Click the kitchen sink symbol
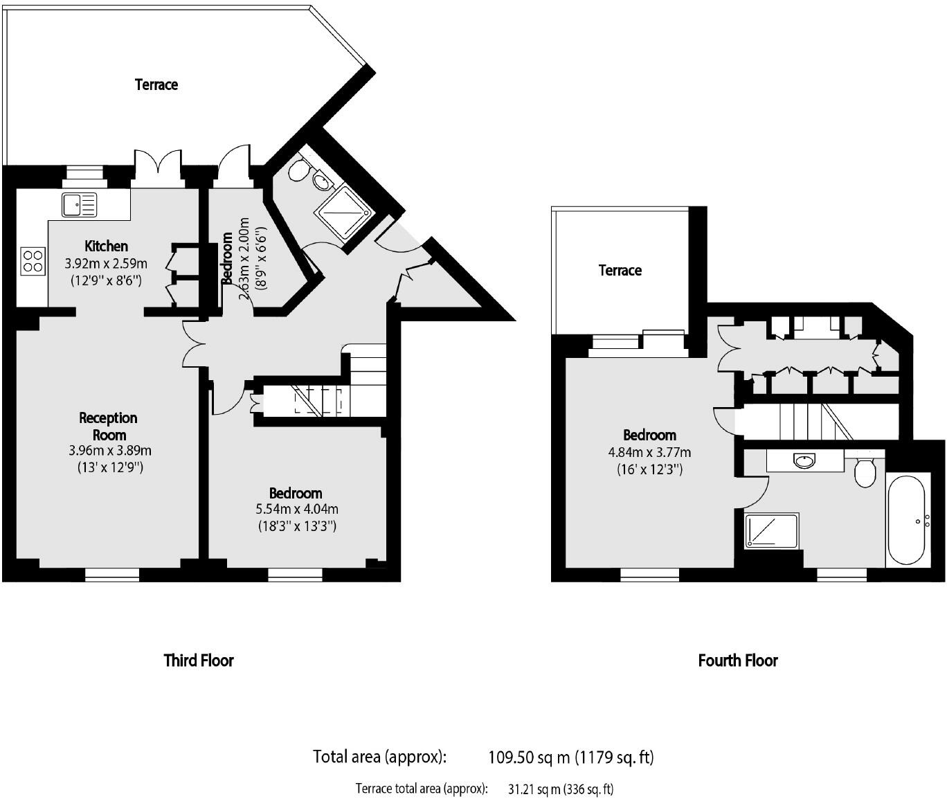pyautogui.click(x=79, y=205)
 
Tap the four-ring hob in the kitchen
pyautogui.click(x=33, y=261)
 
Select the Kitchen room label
pyautogui.click(x=106, y=246)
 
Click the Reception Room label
pyautogui.click(x=109, y=427)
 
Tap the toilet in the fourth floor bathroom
pyautogui.click(x=865, y=470)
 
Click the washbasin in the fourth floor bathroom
pyautogui.click(x=804, y=460)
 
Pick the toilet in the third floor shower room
pyautogui.click(x=298, y=169)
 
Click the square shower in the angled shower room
pyautogui.click(x=344, y=213)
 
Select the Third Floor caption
pyautogui.click(x=199, y=661)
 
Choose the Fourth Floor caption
pyautogui.click(x=738, y=661)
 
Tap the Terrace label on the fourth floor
pyautogui.click(x=620, y=270)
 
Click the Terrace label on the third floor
pyautogui.click(x=156, y=84)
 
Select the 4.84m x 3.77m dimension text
pyautogui.click(x=649, y=453)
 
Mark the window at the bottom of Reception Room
pyautogui.click(x=112, y=574)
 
